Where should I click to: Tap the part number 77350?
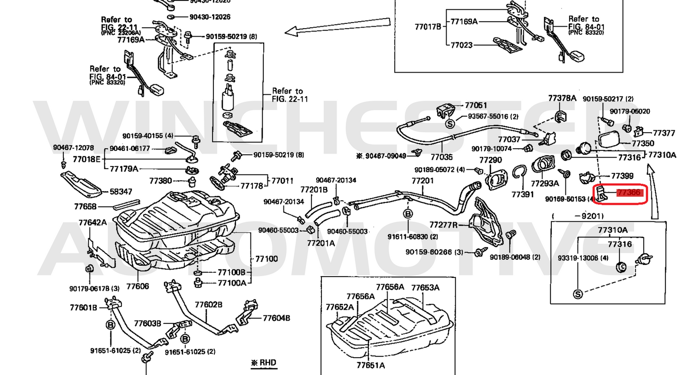point(642,143)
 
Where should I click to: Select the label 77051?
point(476,105)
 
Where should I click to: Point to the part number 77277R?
point(443,225)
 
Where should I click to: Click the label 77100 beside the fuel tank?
point(266,259)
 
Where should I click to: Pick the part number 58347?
point(121,192)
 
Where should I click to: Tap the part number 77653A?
point(425,287)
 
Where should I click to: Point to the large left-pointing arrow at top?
point(338,27)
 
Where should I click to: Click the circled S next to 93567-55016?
point(449,124)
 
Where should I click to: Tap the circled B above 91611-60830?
point(407,214)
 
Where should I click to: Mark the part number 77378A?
point(562,98)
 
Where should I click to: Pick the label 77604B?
point(276,318)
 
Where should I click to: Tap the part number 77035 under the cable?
point(442,158)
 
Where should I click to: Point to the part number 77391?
point(523,194)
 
